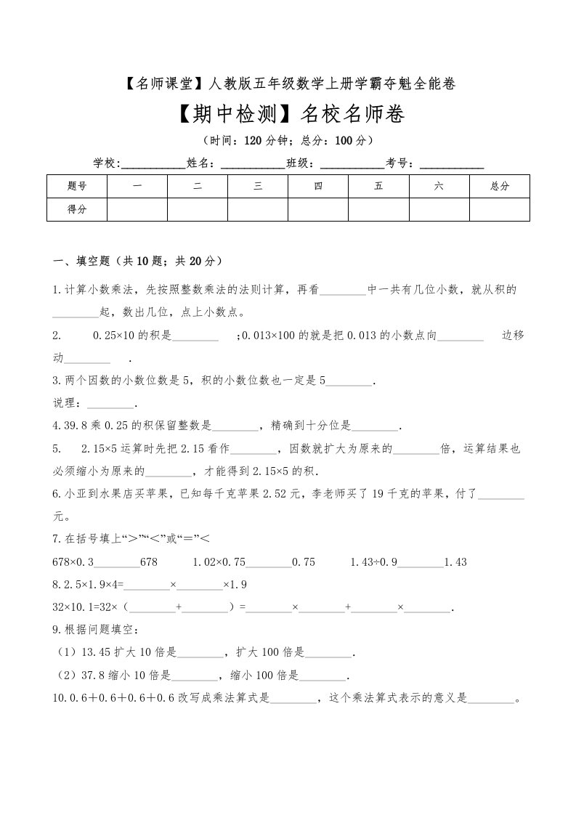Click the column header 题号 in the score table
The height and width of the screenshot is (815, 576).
click(x=77, y=187)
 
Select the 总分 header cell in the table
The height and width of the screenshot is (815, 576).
click(x=500, y=187)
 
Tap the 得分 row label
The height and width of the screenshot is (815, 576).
click(x=77, y=209)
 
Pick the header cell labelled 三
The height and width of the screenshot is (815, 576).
click(x=258, y=187)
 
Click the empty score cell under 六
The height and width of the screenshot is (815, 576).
click(x=439, y=209)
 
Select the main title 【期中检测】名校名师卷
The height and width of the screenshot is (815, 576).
click(x=288, y=115)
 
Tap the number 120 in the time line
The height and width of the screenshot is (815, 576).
click(x=253, y=140)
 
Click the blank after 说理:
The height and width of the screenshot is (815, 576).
click(x=110, y=405)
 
